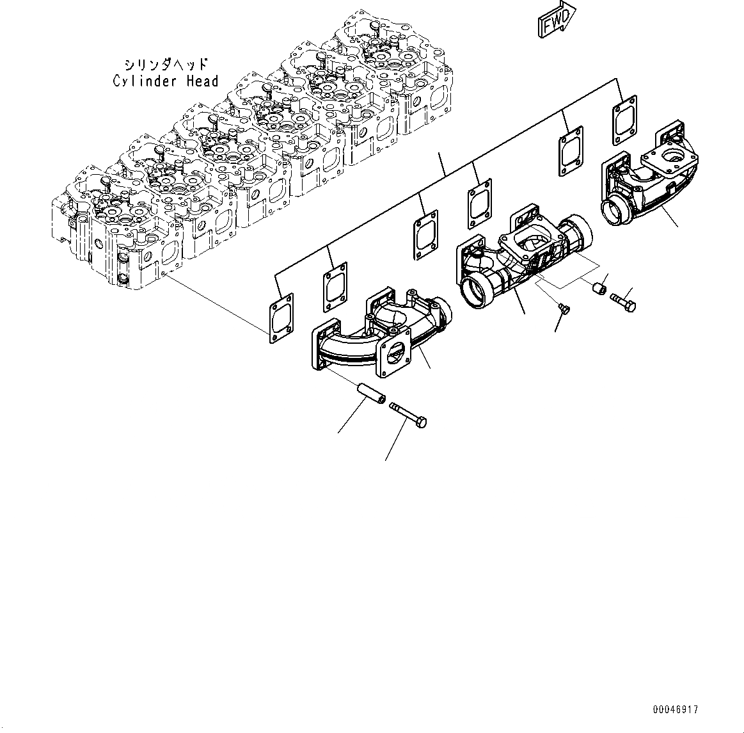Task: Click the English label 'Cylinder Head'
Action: pos(166,81)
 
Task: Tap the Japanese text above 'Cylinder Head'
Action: pos(166,65)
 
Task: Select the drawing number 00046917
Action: pos(676,709)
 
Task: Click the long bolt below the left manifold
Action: pos(408,413)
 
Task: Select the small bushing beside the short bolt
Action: pos(599,290)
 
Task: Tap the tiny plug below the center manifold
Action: pos(564,309)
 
